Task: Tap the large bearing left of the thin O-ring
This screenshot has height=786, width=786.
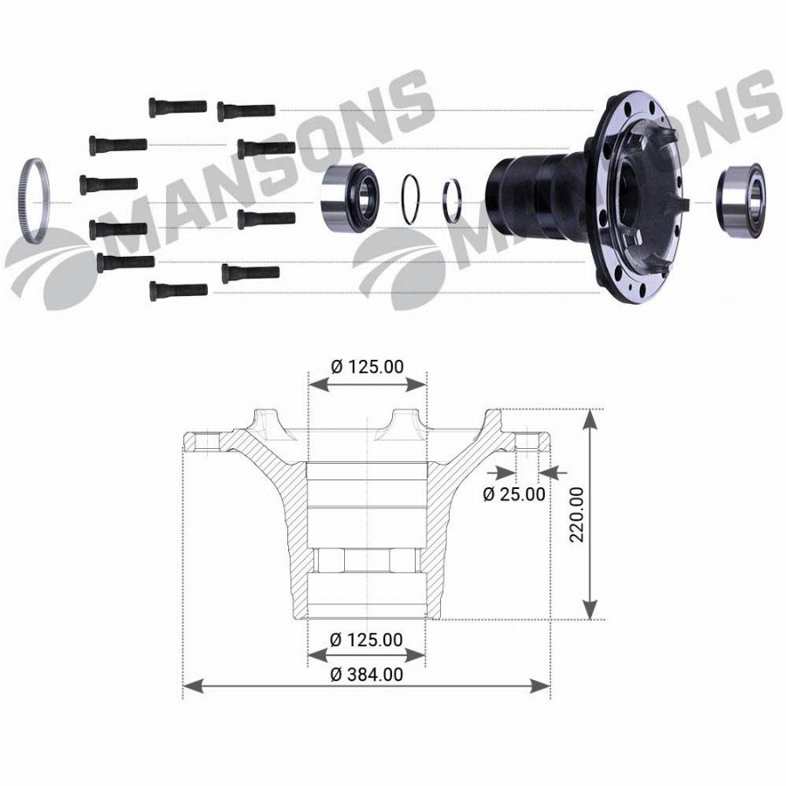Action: point(349,197)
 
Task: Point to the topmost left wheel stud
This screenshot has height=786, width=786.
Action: point(177,107)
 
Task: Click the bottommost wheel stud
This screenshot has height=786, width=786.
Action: point(178,291)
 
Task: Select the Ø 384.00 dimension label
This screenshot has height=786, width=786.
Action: point(367,674)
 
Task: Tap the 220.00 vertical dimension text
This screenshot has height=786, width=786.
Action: point(577,514)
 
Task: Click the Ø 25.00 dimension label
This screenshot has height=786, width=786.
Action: point(514,494)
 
